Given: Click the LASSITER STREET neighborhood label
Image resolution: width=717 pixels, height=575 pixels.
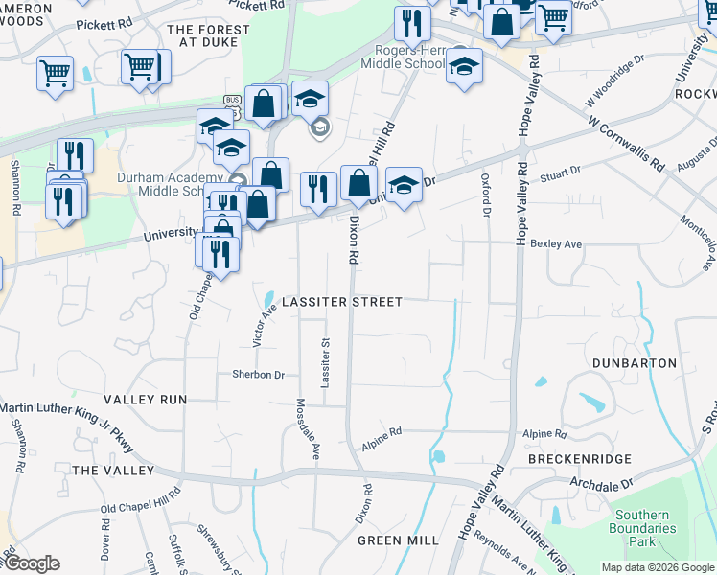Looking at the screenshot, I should (x=342, y=302).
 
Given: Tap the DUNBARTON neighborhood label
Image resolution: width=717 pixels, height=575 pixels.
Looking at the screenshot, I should (x=634, y=364).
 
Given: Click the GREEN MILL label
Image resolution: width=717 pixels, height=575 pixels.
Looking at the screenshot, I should (x=398, y=540).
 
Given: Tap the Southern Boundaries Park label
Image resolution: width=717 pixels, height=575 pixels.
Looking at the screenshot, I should (x=657, y=528).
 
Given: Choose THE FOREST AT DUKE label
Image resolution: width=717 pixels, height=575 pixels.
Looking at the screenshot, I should (x=208, y=35).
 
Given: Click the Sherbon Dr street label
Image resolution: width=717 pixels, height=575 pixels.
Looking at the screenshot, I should (x=259, y=375).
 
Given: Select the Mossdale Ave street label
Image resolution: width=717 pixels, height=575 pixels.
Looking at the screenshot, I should (x=308, y=428).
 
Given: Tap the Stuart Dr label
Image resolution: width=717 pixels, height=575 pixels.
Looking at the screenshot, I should (x=561, y=172).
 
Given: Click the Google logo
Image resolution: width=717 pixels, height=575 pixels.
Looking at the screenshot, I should (x=32, y=563).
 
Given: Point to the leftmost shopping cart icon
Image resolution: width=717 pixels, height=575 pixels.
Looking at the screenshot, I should (x=55, y=73).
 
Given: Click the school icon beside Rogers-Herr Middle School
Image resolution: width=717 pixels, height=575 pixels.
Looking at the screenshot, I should (x=464, y=67).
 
